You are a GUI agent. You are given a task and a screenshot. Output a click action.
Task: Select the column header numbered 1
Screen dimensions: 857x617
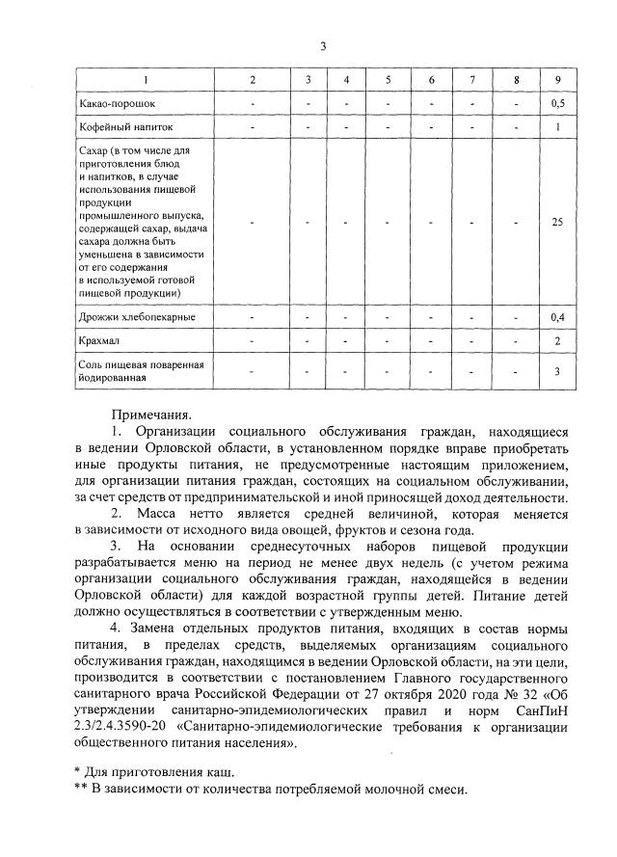tap(146, 78)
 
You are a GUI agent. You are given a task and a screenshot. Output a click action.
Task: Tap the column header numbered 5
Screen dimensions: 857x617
tap(388, 78)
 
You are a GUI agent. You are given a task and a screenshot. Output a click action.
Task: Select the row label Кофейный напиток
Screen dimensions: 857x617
tap(123, 126)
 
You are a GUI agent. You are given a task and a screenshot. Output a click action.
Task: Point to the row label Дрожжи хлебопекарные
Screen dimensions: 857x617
tap(136, 317)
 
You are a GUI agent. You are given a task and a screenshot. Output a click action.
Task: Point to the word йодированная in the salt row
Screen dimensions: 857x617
tap(112, 379)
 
